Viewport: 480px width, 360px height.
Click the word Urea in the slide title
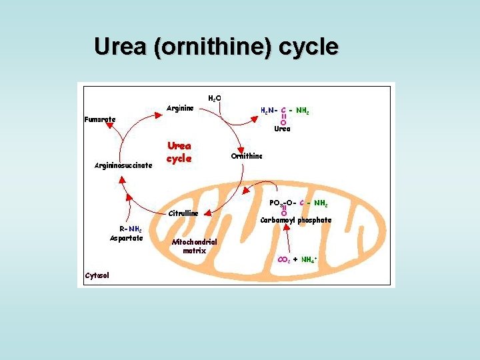pos(118,47)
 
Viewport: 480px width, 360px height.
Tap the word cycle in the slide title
pos(307,47)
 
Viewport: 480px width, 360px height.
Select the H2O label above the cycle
pos(215,99)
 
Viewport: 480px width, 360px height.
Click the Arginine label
pos(180,108)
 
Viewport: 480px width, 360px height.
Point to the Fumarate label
pos(100,119)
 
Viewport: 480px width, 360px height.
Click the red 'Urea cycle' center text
pos(179,152)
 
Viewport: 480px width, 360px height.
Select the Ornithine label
pos(247,156)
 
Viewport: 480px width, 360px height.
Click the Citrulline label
pos(183,213)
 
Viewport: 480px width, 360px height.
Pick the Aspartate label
pos(127,238)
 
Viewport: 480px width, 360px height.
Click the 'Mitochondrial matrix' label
pos(194,246)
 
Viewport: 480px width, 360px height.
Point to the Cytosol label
pos(97,275)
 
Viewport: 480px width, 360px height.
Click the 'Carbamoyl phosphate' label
pos(295,220)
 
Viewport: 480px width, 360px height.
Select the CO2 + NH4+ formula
pos(297,259)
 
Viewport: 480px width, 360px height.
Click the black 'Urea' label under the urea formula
pos(282,129)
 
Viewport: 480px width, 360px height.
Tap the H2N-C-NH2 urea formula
pos(284,111)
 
